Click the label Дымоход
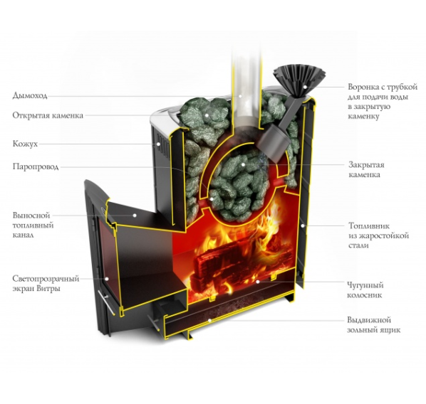click(30, 96)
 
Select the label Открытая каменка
click(48, 116)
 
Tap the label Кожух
click(25, 144)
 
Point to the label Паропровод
click(36, 167)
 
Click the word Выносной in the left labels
click(31, 216)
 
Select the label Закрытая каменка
click(366, 169)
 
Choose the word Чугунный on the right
click(365, 285)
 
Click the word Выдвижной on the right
click(369, 320)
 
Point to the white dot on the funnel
click(305, 87)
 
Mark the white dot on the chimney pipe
click(240, 96)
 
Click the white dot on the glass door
click(107, 279)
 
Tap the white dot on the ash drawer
click(209, 321)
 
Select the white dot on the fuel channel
click(134, 216)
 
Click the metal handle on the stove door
click(107, 302)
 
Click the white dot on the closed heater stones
click(243, 164)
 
